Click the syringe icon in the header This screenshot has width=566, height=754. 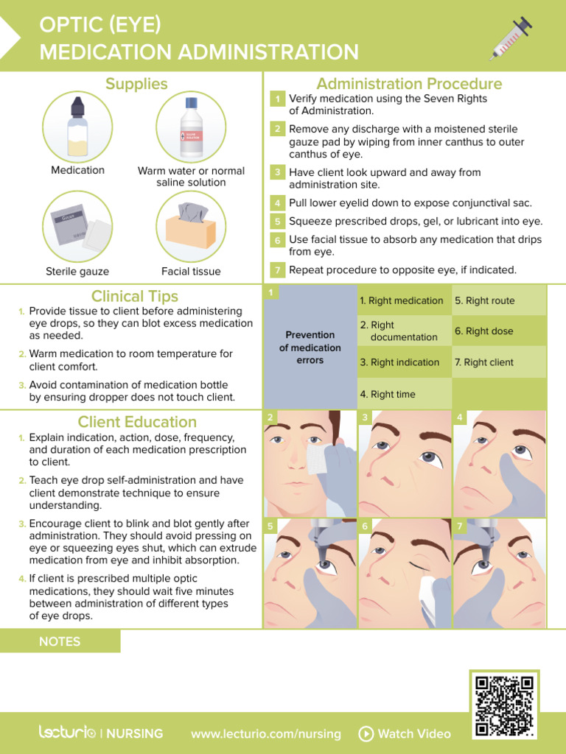point(511,38)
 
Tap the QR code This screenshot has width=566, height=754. point(504,705)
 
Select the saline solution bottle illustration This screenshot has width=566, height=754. point(191,127)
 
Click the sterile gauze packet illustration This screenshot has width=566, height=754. point(77,227)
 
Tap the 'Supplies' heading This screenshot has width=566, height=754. point(136,84)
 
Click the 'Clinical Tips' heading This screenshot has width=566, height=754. point(134,296)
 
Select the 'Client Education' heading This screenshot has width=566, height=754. point(137,422)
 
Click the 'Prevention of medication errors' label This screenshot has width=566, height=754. point(310,348)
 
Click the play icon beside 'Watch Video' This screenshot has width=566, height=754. point(366,733)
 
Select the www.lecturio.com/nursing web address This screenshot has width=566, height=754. point(265,733)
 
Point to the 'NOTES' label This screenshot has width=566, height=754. point(60,641)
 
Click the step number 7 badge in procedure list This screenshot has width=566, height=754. point(277,270)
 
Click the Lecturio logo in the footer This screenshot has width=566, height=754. point(67,733)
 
